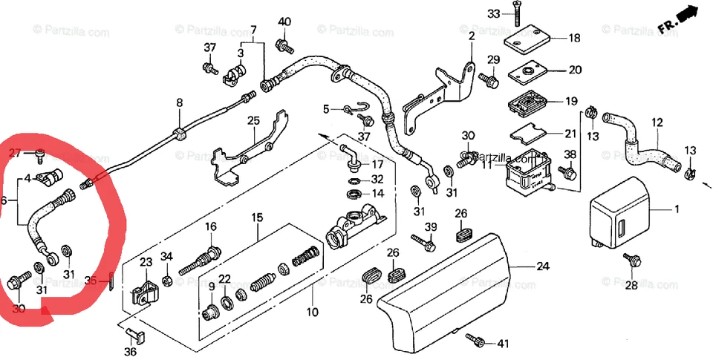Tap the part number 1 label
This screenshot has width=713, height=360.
677,210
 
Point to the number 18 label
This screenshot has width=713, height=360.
575,38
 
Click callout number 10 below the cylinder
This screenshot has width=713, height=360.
312,312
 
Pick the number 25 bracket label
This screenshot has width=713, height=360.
253,120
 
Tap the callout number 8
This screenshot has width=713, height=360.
179,103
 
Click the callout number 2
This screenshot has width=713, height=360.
472,34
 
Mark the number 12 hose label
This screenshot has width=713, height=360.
657,122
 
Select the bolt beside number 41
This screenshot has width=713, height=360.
476,340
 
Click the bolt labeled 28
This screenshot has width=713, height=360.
634,260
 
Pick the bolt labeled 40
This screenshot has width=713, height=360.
284,47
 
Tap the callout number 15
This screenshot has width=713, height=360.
257,218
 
